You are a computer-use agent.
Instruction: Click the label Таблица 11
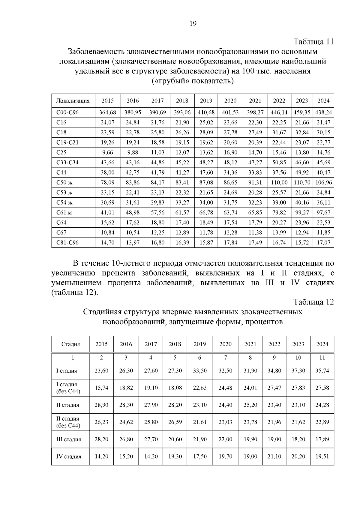tap(313, 41)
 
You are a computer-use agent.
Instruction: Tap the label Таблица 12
tap(313, 302)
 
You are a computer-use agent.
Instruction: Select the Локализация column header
tap(73, 101)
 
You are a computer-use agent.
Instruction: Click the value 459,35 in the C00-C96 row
tap(302, 112)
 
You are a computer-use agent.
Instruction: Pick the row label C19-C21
tap(67, 142)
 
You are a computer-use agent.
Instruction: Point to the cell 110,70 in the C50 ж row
tap(302, 182)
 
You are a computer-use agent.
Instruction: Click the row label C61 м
tap(64, 213)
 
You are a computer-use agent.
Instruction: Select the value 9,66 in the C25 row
tap(107, 152)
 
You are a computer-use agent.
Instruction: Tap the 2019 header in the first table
tap(206, 101)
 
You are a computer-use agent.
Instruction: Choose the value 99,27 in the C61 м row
tap(302, 213)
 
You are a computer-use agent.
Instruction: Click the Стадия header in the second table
tap(70, 344)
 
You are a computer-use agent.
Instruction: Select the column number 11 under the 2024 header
tap(322, 358)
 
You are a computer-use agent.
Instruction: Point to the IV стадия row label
tap(69, 457)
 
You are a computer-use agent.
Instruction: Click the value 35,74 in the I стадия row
tap(322, 371)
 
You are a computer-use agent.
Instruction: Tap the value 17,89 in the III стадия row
tap(322, 439)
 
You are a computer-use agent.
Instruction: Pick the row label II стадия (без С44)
tap(68, 422)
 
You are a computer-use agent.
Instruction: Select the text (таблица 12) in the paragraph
tap(74, 292)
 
